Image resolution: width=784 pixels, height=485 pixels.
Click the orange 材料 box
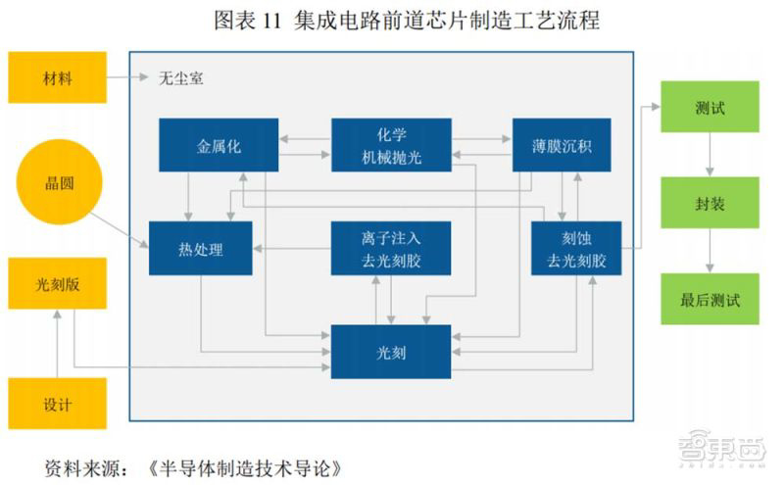pyautogui.click(x=57, y=77)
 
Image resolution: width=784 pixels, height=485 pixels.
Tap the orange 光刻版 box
pyautogui.click(x=57, y=284)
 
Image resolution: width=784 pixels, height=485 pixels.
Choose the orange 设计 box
pyautogui.click(x=57, y=403)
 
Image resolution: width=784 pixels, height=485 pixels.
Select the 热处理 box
pyautogui.click(x=201, y=248)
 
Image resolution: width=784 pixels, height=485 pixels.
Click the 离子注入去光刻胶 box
pyautogui.click(x=391, y=248)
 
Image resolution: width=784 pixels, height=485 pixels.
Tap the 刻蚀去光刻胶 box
pyautogui.click(x=576, y=248)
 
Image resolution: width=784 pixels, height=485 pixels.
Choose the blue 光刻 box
pyautogui.click(x=391, y=351)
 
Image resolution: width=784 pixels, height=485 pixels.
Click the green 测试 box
pyautogui.click(x=709, y=107)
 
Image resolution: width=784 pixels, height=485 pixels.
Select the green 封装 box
pyautogui.click(x=709, y=204)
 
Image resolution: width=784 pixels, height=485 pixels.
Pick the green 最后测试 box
pyautogui.click(x=709, y=299)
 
